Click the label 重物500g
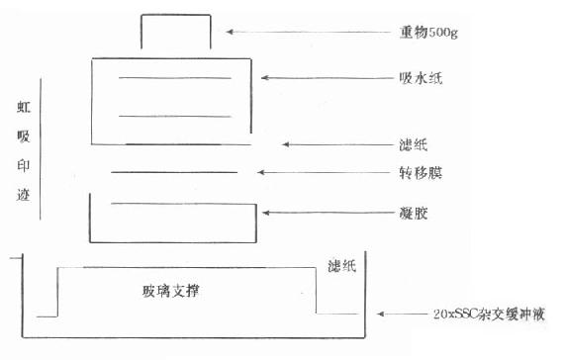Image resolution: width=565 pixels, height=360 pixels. click(x=428, y=33)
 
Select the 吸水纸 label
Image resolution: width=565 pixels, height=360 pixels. click(x=421, y=78)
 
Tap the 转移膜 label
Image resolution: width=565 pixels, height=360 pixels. click(x=421, y=173)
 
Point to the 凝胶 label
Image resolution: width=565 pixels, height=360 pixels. click(x=414, y=214)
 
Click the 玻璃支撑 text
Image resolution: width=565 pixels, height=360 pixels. click(x=170, y=291)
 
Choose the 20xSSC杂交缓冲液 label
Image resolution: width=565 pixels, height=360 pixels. click(x=489, y=315)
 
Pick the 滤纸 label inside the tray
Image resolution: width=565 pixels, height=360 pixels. click(x=342, y=266)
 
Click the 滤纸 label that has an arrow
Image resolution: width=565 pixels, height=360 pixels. click(x=414, y=145)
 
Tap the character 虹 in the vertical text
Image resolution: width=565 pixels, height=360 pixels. click(x=24, y=107)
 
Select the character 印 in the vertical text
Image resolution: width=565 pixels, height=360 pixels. click(x=24, y=165)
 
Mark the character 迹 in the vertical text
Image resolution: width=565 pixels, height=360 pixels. click(x=24, y=195)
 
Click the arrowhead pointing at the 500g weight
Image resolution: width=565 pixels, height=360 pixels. click(x=230, y=32)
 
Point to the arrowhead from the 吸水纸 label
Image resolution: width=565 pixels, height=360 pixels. click(x=265, y=77)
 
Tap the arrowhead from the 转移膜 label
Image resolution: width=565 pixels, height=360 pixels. click(x=261, y=172)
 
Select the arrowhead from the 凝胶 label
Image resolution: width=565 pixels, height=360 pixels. click(x=266, y=213)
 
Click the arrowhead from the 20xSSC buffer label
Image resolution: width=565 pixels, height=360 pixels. click(x=381, y=314)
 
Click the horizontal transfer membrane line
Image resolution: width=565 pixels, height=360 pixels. click(x=174, y=172)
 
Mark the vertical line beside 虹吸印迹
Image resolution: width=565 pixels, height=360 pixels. click(x=40, y=149)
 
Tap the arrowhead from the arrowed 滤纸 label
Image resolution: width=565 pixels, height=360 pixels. click(x=286, y=144)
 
